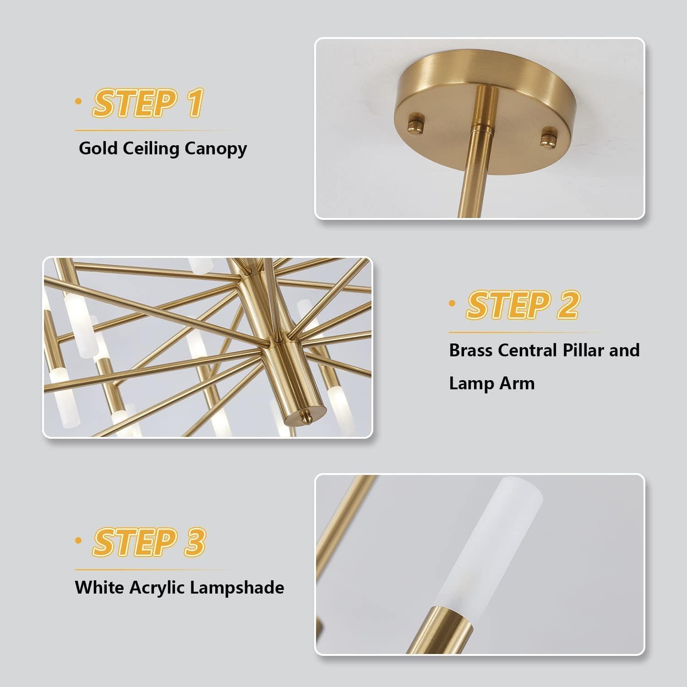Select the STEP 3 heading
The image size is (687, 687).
(149, 542)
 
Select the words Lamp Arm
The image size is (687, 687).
(491, 383)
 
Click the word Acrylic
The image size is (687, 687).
(158, 588)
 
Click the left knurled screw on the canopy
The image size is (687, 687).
(416, 124)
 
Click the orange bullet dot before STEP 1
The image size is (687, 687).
(78, 101)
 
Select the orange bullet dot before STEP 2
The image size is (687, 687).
(453, 303)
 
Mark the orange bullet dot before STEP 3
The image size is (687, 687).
(78, 541)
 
